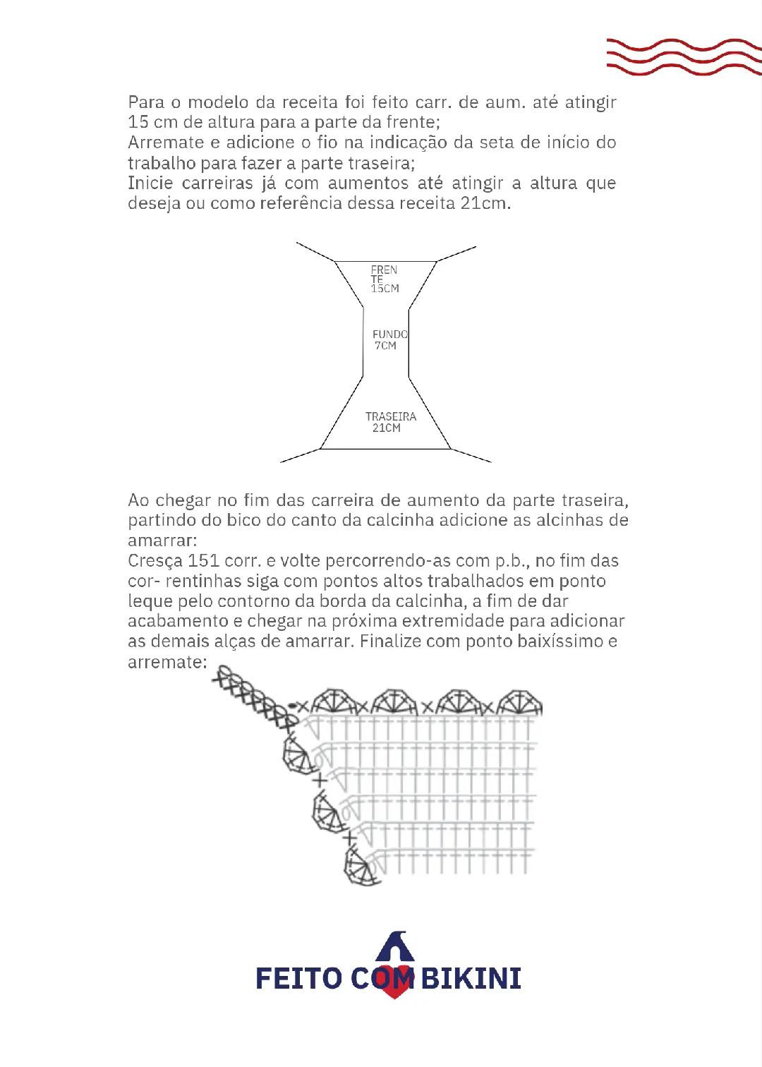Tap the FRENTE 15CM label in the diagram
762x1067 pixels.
coord(385,279)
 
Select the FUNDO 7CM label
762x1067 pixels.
coord(389,339)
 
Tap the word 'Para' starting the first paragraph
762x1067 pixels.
coord(146,102)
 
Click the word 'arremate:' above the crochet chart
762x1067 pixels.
coord(168,663)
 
